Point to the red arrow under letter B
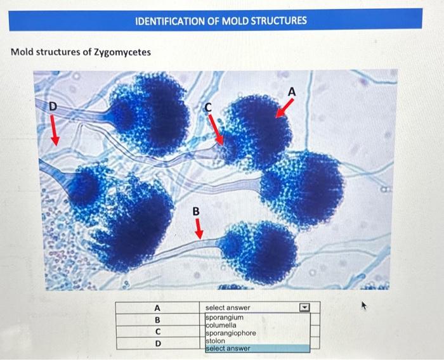[x=198, y=229]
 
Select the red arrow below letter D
[x=56, y=132]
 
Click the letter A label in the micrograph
[x=292, y=93]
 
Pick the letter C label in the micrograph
[x=207, y=108]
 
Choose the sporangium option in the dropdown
[x=224, y=316]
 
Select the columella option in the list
[x=222, y=325]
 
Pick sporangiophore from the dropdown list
[x=230, y=333]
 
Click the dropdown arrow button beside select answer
[x=304, y=308]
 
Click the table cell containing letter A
[x=157, y=308]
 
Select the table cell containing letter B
[x=157, y=319]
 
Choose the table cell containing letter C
[x=157, y=331]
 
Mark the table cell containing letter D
[x=157, y=344]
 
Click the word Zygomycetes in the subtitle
[x=122, y=51]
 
